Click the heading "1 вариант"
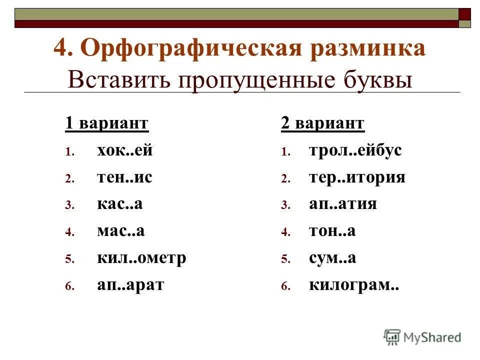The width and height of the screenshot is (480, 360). [x=107, y=123]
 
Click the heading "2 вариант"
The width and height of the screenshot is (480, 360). [x=323, y=123]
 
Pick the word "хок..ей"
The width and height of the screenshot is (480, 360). [x=124, y=150]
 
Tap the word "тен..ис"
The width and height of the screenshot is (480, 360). [x=124, y=177]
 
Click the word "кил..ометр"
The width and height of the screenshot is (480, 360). [x=141, y=258]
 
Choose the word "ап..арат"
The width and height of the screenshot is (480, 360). [x=130, y=285]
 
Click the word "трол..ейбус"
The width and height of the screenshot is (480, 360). [x=355, y=150]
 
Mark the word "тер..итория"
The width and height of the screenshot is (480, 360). [x=357, y=177]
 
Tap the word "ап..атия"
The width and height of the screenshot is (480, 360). [x=343, y=204]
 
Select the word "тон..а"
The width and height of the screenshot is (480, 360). [x=332, y=231]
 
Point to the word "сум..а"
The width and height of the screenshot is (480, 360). [x=332, y=258]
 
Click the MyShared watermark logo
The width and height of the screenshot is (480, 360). [x=422, y=337]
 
